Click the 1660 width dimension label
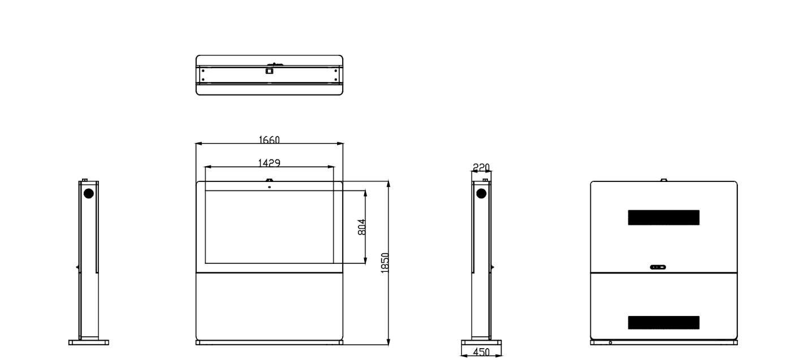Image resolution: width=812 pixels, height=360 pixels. click(x=269, y=140)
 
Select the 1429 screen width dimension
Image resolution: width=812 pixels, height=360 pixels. click(x=269, y=163)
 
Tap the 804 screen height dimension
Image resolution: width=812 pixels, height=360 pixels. click(x=361, y=227)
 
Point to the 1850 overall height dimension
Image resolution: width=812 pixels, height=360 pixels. click(x=385, y=263)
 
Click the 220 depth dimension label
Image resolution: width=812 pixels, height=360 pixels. click(x=481, y=167)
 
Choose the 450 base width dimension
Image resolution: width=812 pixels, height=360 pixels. click(x=481, y=352)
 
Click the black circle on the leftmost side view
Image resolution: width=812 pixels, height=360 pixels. click(x=89, y=193)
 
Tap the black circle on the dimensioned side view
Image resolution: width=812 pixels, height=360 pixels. click(x=481, y=194)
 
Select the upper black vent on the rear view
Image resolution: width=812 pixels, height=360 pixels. click(x=664, y=218)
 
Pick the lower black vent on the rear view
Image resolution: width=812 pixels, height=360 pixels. click(x=664, y=322)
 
